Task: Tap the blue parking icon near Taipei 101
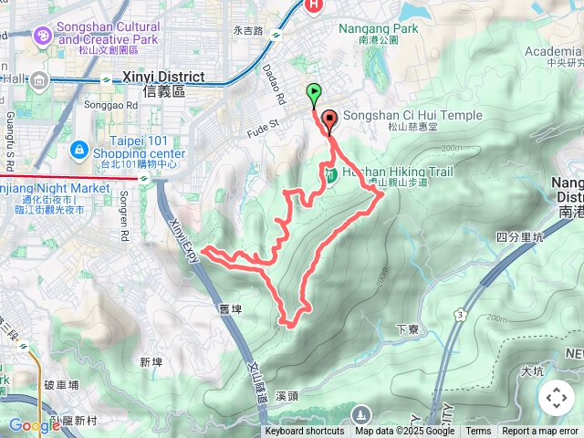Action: [x=78, y=149]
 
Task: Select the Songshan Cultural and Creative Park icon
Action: [x=42, y=36]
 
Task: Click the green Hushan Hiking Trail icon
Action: [x=332, y=172]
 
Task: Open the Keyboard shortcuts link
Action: [x=305, y=432]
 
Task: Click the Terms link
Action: [x=478, y=432]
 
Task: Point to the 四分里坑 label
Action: [x=520, y=238]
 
